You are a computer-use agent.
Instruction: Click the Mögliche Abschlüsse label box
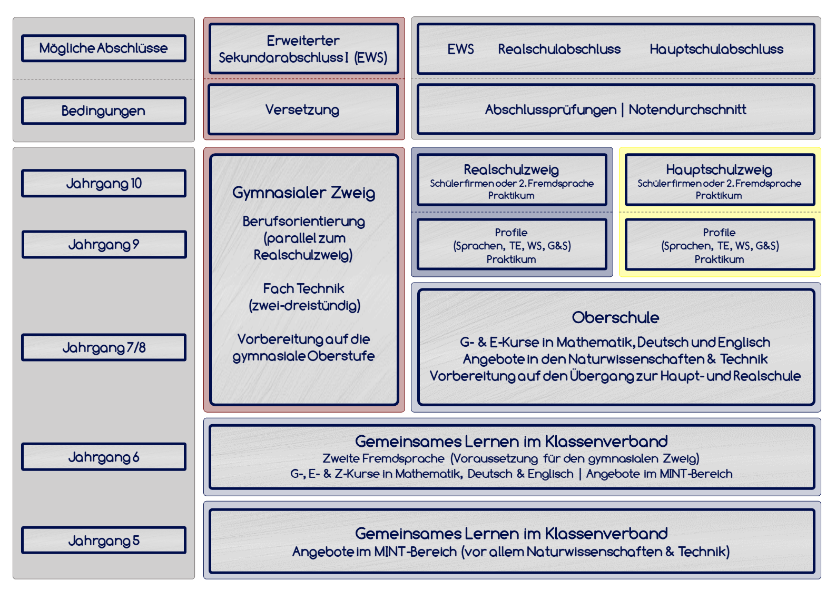pyautogui.click(x=104, y=48)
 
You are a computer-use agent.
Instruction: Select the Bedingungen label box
pyautogui.click(x=104, y=111)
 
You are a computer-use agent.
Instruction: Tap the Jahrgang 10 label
pyautogui.click(x=104, y=183)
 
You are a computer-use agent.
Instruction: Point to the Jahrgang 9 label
pyautogui.click(x=104, y=244)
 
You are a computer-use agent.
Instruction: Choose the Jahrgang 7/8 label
pyautogui.click(x=104, y=347)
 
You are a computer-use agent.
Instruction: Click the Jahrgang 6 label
pyautogui.click(x=104, y=457)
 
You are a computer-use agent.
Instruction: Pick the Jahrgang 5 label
pyautogui.click(x=104, y=540)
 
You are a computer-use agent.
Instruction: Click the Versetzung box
pyautogui.click(x=303, y=109)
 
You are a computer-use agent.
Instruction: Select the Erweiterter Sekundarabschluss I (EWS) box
pyautogui.click(x=303, y=48)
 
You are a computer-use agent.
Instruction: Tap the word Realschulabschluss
pyautogui.click(x=559, y=49)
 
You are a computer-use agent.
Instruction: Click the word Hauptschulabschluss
pyautogui.click(x=716, y=49)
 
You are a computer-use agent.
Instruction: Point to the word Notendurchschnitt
pyautogui.click(x=687, y=109)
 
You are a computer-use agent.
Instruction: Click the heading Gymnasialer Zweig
pyautogui.click(x=303, y=193)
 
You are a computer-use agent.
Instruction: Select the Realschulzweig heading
pyautogui.click(x=511, y=169)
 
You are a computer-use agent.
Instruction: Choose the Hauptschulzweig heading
pyautogui.click(x=719, y=169)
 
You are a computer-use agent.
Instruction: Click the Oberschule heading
pyautogui.click(x=615, y=317)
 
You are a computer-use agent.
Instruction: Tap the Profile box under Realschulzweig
pyautogui.click(x=511, y=245)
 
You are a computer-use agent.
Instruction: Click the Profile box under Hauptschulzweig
pyautogui.click(x=719, y=245)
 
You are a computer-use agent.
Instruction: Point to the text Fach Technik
pyautogui.click(x=303, y=288)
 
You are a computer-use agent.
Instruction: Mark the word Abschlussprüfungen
pyautogui.click(x=550, y=109)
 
